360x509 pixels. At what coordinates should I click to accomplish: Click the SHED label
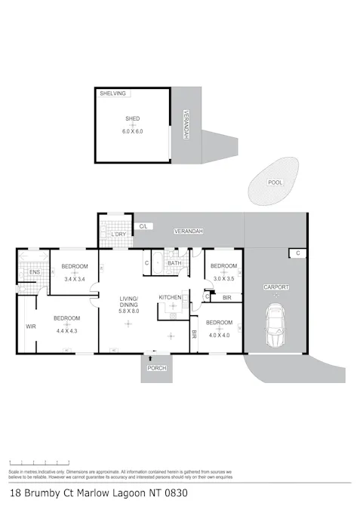click(133, 119)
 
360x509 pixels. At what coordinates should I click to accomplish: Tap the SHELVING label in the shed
click(112, 94)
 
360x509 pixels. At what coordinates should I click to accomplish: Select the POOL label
click(276, 182)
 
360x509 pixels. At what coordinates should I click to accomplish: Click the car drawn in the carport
click(275, 326)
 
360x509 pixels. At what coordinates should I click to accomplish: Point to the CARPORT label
click(275, 288)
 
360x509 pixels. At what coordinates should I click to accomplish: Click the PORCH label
click(157, 369)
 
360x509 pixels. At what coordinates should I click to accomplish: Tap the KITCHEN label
click(170, 298)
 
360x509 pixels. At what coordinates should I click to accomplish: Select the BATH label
click(174, 263)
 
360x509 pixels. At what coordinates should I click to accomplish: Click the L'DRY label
click(118, 235)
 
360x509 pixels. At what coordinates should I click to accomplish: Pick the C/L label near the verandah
click(144, 226)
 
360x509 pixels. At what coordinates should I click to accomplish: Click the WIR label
click(31, 327)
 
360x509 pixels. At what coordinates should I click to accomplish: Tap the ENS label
click(35, 272)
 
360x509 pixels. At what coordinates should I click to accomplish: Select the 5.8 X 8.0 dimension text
click(129, 311)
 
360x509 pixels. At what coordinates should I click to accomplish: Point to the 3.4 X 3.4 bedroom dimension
click(75, 279)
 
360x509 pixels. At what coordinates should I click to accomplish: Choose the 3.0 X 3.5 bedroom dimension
click(223, 279)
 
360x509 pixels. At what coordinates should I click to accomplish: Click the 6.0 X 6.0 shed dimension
click(133, 131)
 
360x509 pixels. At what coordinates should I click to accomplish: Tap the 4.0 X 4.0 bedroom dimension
click(219, 335)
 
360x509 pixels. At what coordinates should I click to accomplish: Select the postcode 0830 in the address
click(174, 494)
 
